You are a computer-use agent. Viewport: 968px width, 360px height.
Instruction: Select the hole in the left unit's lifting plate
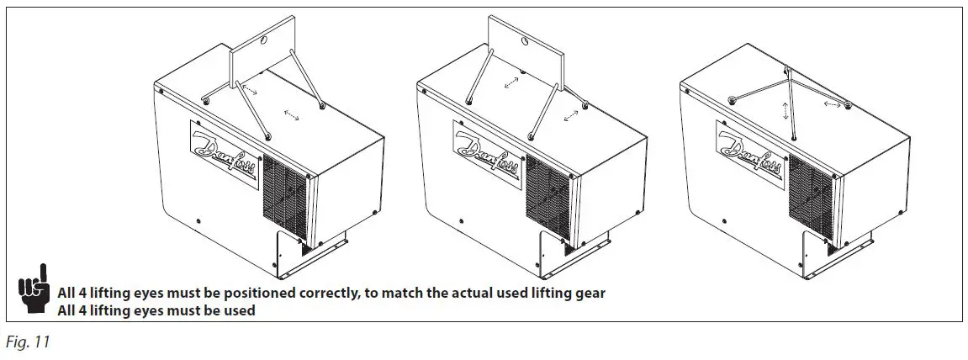(261, 40)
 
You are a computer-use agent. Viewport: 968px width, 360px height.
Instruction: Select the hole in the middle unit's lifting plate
(525, 41)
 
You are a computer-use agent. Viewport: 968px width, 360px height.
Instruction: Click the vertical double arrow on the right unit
(787, 111)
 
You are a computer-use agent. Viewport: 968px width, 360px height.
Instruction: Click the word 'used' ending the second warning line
(240, 310)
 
